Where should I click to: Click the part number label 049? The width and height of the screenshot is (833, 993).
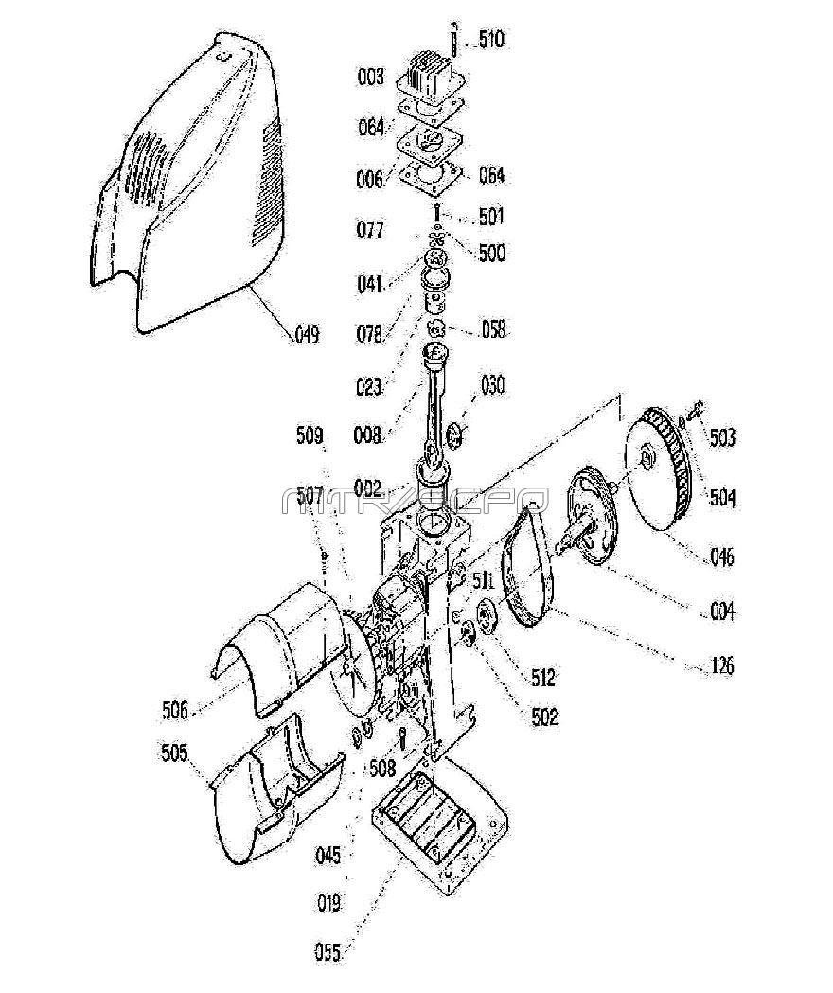tap(306, 333)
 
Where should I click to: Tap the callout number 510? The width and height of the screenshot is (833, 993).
tap(491, 40)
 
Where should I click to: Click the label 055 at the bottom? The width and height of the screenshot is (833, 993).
tap(328, 951)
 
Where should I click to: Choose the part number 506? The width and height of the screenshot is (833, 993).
tap(175, 708)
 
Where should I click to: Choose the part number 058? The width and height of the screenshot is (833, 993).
tap(492, 329)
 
